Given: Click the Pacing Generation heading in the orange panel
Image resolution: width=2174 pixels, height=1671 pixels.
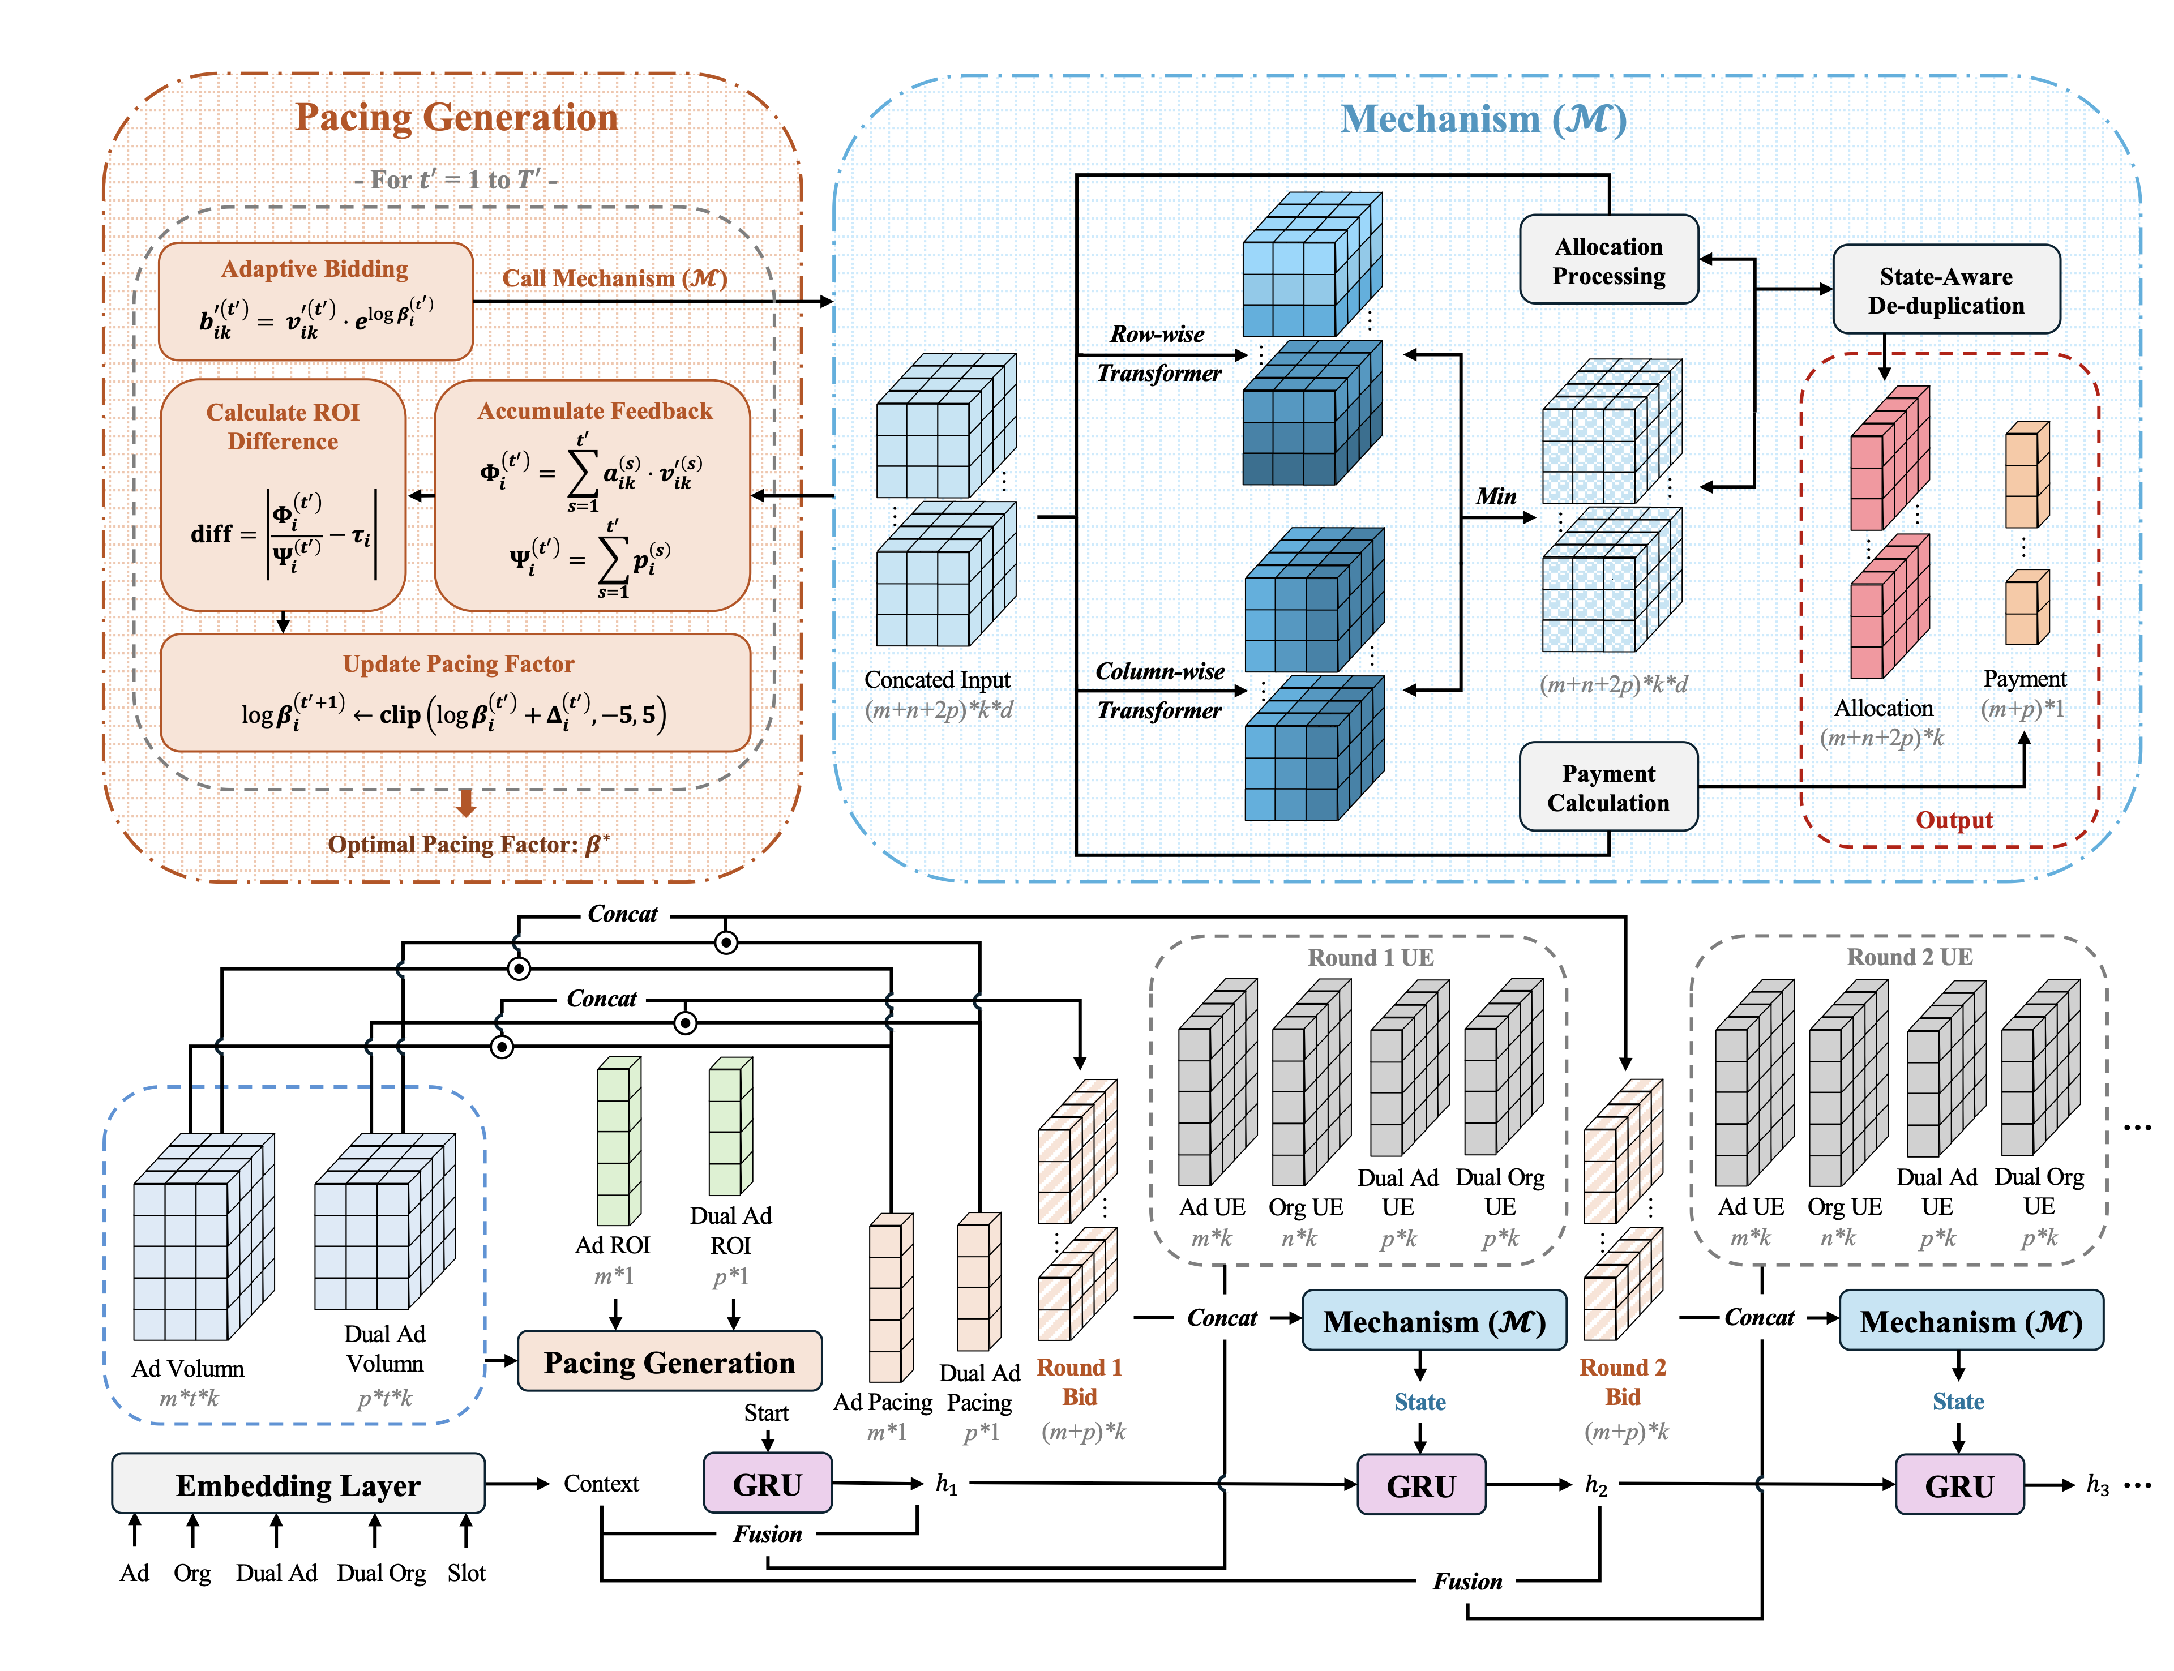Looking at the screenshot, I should (x=456, y=117).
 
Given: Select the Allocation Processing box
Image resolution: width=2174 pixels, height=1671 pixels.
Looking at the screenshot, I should (x=1607, y=260).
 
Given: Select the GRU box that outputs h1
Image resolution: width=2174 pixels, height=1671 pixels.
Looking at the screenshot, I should (x=766, y=1484).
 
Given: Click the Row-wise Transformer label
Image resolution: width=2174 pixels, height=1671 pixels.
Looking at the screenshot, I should (x=1158, y=353).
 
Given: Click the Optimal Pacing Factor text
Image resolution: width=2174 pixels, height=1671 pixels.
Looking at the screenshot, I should (x=468, y=845).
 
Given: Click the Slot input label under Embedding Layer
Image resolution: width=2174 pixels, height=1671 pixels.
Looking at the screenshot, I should (x=465, y=1573).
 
